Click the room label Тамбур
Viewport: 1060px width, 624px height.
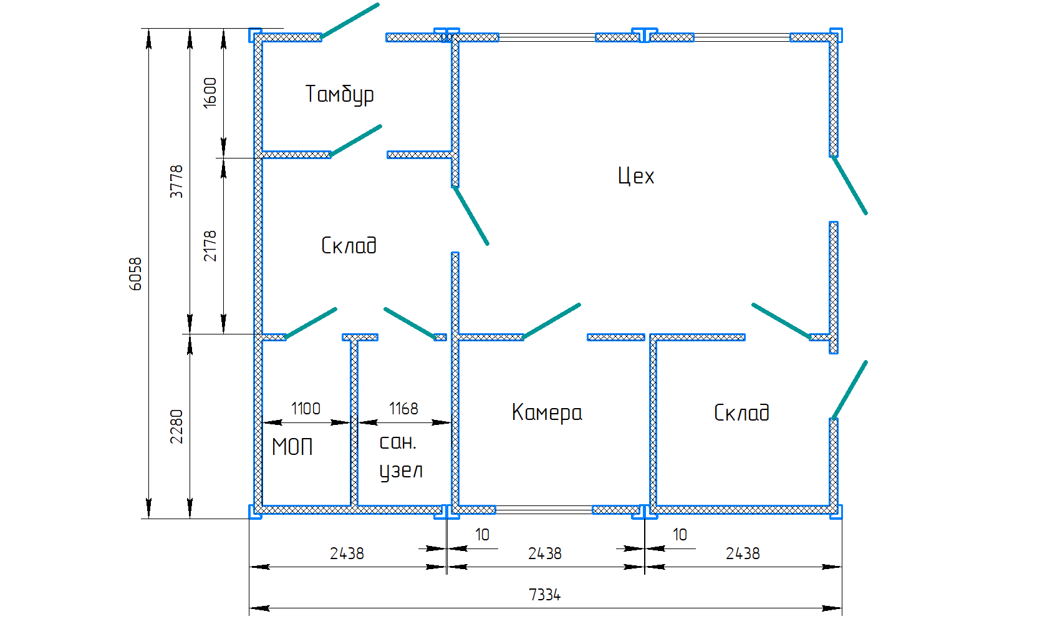coord(339,94)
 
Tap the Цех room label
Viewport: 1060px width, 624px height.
coord(636,176)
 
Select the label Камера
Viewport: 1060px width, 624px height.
coord(547,412)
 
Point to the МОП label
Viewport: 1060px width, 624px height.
coord(292,447)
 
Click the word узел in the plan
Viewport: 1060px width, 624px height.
coord(401,471)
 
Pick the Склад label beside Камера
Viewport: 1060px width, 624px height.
coord(741,412)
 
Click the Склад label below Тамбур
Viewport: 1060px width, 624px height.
coord(349,245)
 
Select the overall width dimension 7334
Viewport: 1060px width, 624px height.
coord(544,595)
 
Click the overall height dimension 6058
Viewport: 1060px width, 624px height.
coord(136,273)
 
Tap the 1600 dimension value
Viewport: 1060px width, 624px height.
coord(210,92)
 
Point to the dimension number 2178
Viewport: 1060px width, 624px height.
coord(210,245)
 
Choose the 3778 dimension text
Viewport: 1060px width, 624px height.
coord(177,182)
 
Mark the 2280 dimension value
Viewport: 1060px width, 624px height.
coord(177,426)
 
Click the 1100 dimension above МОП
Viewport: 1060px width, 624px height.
coord(306,409)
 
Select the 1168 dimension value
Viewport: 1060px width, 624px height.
coord(403,409)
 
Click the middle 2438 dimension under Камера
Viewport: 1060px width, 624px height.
coord(544,553)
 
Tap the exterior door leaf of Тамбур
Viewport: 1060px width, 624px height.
coord(350,21)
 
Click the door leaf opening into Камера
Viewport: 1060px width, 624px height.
coord(552,321)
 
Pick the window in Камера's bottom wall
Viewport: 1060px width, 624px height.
coord(544,510)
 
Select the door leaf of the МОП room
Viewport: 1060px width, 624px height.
coord(311,323)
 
